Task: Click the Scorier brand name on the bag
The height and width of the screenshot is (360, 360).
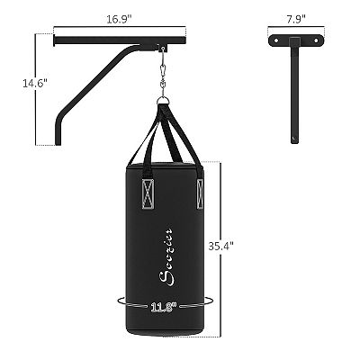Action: coord(168,243)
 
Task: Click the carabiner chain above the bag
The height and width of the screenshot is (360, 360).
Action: coord(163,74)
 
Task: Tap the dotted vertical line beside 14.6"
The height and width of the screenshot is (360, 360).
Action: coord(38,90)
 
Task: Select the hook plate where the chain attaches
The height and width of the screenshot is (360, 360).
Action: coord(163,49)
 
